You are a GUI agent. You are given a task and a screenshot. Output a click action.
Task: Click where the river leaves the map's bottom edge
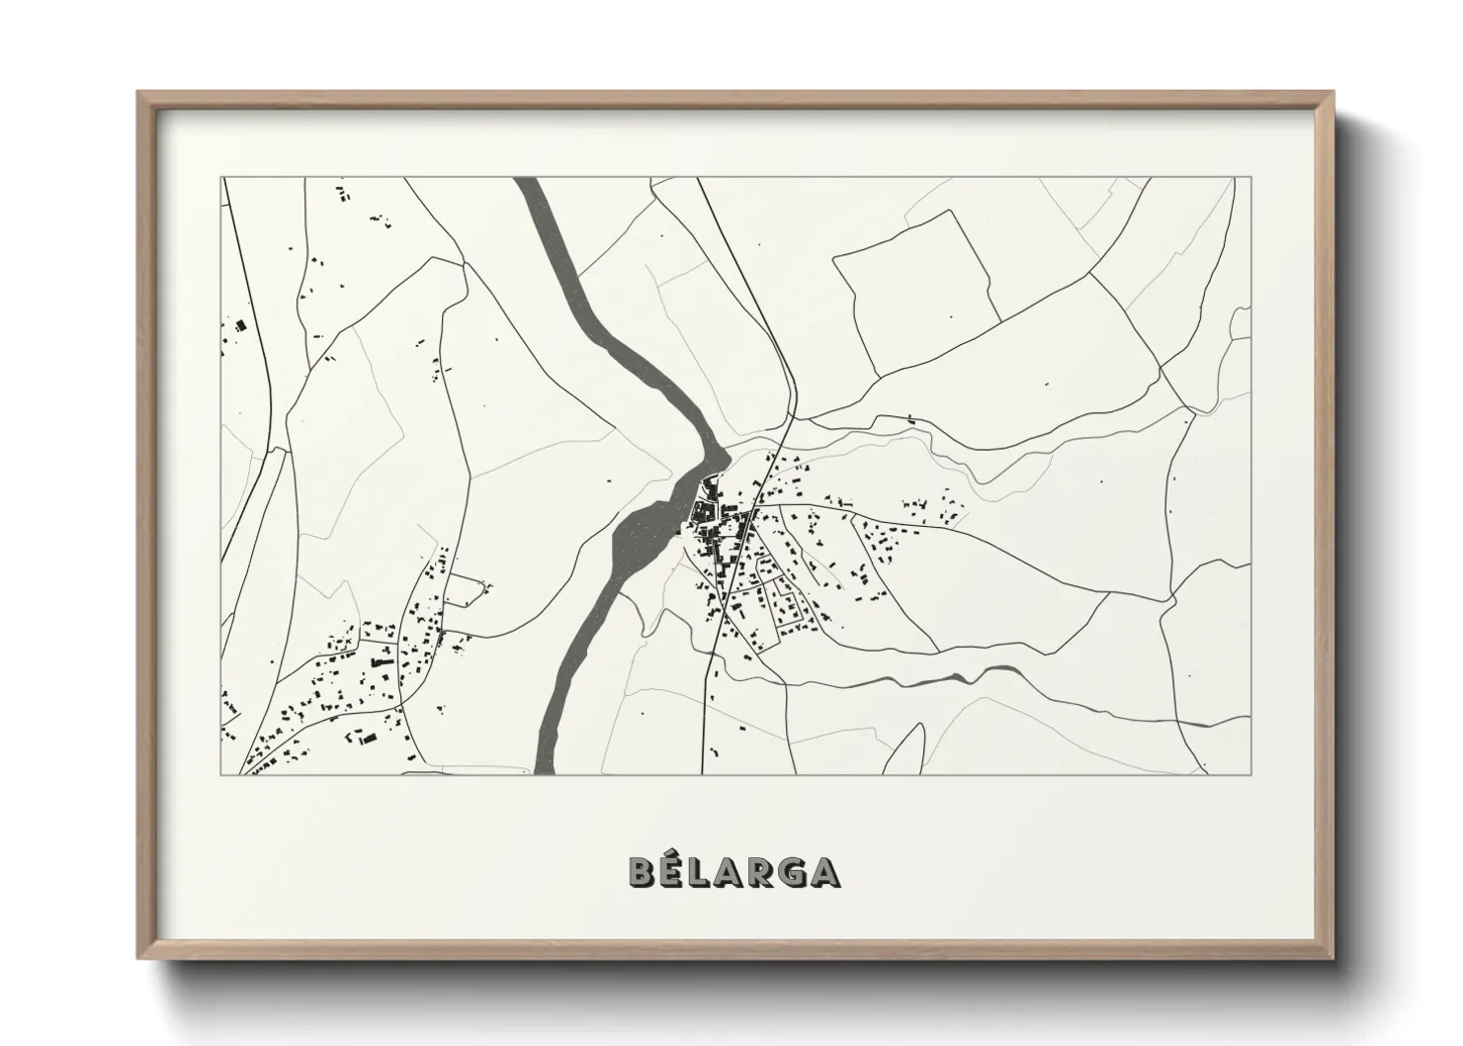click(x=543, y=772)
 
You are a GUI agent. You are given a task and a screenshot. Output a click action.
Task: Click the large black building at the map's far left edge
click(x=238, y=324)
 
